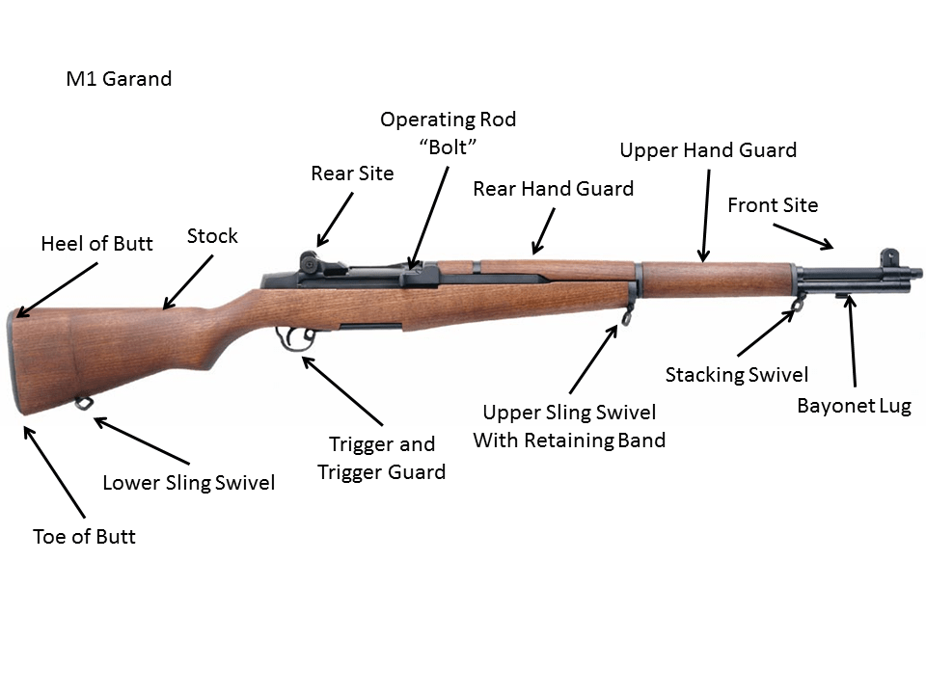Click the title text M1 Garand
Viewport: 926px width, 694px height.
pyautogui.click(x=119, y=79)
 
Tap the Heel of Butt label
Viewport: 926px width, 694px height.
pyautogui.click(x=96, y=244)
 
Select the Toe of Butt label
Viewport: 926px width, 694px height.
pyautogui.click(x=84, y=537)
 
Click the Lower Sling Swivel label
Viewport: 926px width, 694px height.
pyautogui.click(x=189, y=483)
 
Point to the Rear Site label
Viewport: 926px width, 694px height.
pyautogui.click(x=352, y=174)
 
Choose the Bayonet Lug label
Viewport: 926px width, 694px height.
pyautogui.click(x=854, y=406)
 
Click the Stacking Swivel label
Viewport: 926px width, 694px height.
pyautogui.click(x=737, y=375)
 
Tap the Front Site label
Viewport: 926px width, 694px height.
pyautogui.click(x=773, y=205)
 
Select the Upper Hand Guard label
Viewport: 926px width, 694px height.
pyautogui.click(x=708, y=150)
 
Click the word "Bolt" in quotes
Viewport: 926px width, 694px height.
pyautogui.click(x=448, y=147)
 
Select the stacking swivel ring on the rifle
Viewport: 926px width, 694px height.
pyautogui.click(x=798, y=305)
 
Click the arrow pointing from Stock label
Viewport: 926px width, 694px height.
pyautogui.click(x=187, y=281)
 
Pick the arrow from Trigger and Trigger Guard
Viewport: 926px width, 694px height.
pyautogui.click(x=342, y=390)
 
